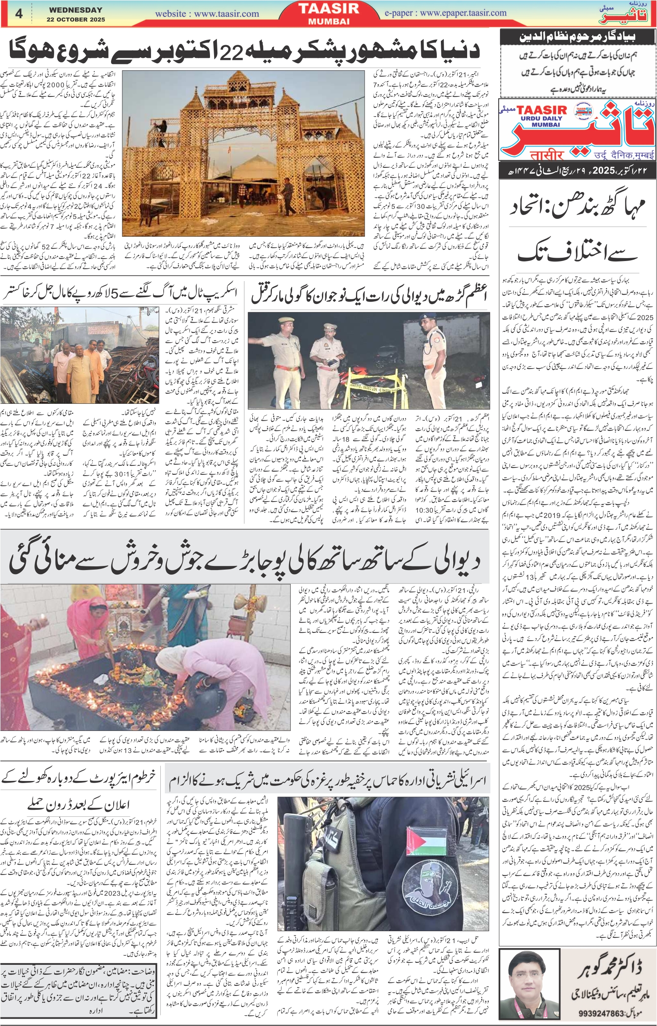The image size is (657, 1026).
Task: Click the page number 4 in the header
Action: point(19,13)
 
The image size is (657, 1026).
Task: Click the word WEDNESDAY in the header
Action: point(75,10)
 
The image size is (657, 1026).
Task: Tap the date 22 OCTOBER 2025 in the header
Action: point(75,20)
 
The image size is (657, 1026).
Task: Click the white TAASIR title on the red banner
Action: point(328,9)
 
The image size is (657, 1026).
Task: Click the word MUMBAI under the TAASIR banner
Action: point(328,21)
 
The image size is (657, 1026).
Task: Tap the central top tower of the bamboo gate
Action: point(243,85)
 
